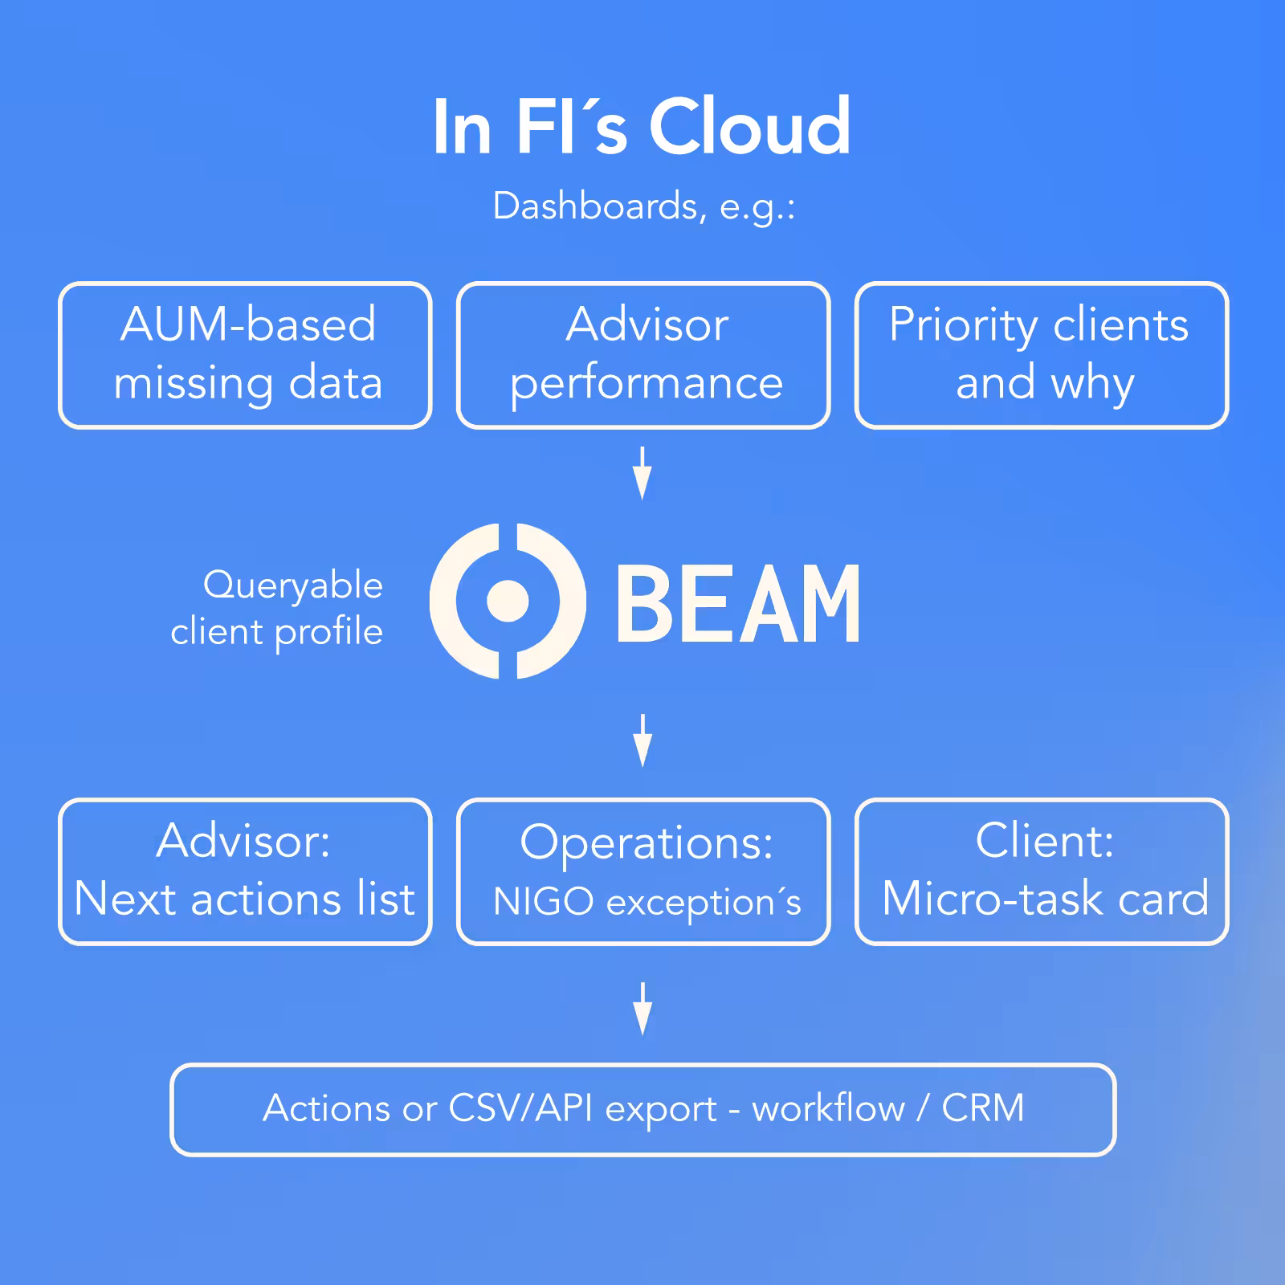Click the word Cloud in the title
click(749, 127)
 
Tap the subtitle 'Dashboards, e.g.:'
click(643, 206)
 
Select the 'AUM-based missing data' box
click(246, 355)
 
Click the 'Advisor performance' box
click(643, 355)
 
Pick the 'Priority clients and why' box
click(1042, 355)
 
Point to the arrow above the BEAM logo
click(642, 473)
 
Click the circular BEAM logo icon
click(508, 601)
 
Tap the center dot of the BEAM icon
click(508, 601)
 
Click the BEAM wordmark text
click(738, 603)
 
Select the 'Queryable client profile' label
click(277, 608)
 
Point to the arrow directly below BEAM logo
click(642, 740)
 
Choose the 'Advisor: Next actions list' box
click(246, 871)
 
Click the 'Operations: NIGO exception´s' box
click(643, 871)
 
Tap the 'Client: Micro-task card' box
click(1042, 871)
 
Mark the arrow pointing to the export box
click(642, 1008)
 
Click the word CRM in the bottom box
click(982, 1108)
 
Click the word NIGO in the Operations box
click(543, 901)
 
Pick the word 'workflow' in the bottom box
click(828, 1108)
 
